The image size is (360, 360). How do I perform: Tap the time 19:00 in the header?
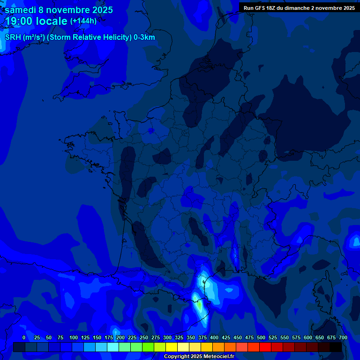[22, 21]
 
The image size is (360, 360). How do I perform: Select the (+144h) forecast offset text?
[83, 21]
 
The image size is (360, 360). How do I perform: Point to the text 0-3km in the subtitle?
[144, 37]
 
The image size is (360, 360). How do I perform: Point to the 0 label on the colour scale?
[24, 337]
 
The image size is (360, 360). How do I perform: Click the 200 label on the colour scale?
[120, 337]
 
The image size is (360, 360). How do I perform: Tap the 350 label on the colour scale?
[191, 337]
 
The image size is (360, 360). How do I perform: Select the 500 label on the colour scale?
[261, 337]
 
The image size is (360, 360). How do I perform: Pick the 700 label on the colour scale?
[343, 337]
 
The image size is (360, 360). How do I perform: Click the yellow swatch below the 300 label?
[171, 347]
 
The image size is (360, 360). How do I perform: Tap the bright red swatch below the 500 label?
[265, 347]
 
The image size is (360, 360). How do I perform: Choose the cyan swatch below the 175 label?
[112, 347]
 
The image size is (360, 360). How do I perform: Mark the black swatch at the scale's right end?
[335, 347]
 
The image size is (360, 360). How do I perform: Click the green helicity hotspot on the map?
[199, 305]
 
